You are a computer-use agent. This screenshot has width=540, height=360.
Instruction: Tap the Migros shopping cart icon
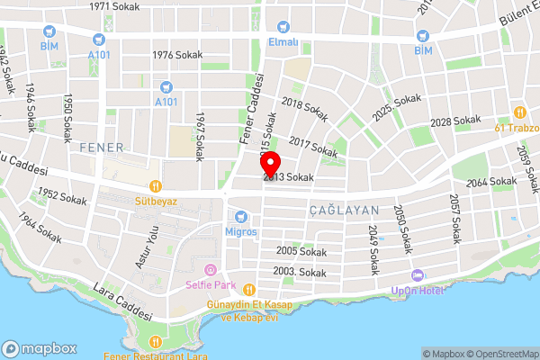coord(240,216)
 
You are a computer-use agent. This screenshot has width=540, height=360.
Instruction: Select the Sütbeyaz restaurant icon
coord(156,186)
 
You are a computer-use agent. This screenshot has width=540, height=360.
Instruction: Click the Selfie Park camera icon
coord(210,270)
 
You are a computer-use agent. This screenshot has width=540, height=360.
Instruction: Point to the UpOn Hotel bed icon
coord(415,274)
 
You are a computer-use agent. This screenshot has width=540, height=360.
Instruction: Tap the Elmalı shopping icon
coord(283,26)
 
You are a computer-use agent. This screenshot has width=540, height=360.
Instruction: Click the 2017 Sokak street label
coord(313,147)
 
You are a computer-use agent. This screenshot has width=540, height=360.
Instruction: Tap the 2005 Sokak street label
coord(300,251)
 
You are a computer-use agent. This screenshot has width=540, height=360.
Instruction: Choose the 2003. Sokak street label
coord(300,272)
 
